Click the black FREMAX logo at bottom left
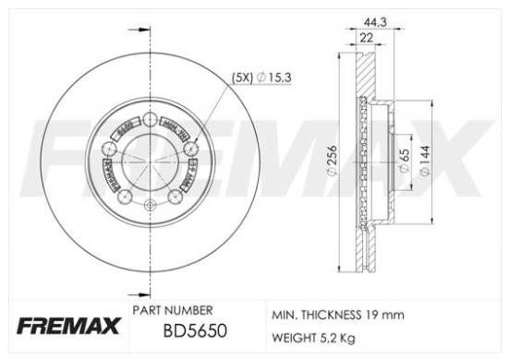click(x=58, y=326)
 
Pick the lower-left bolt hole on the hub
click(x=125, y=191)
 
